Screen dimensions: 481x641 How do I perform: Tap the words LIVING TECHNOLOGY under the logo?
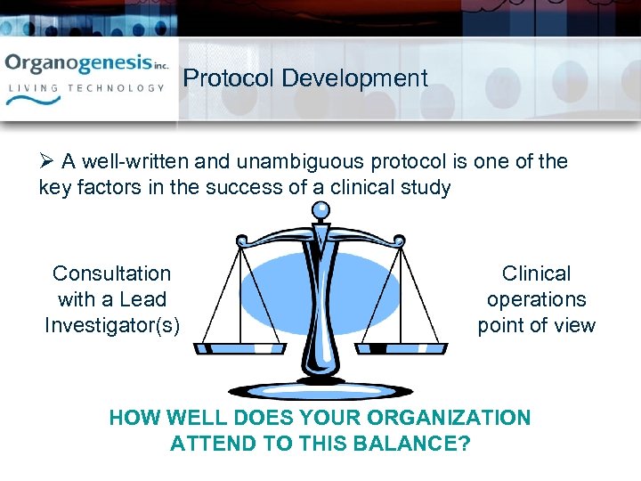tap(86, 88)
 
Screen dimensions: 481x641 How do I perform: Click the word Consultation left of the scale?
tap(111, 273)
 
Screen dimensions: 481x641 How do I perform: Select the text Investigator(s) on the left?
tap(111, 325)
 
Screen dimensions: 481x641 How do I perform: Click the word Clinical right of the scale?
tap(536, 273)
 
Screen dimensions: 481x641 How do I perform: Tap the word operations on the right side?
tap(536, 299)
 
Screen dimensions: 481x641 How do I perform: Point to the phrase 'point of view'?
tap(536, 325)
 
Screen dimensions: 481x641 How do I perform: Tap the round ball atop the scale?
tap(320, 211)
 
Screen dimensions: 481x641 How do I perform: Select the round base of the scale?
tap(320, 390)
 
